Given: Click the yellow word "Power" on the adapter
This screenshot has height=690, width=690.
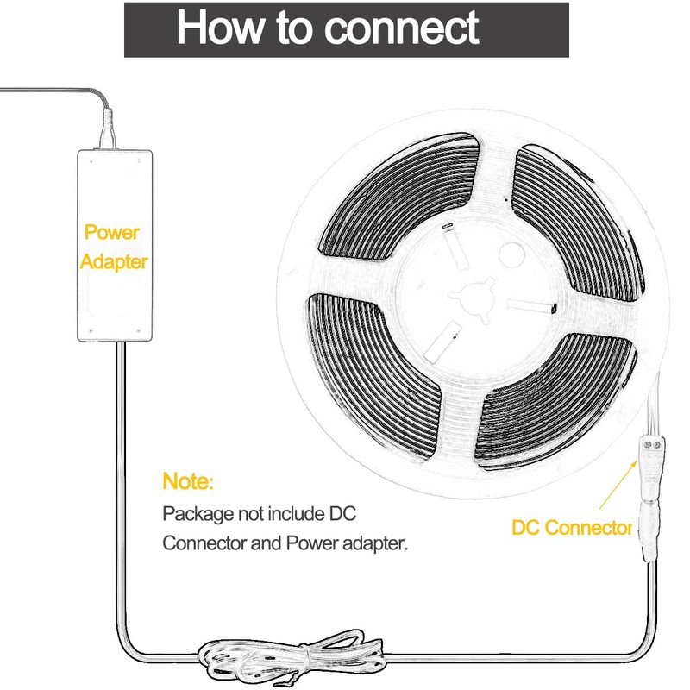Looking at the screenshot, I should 112,232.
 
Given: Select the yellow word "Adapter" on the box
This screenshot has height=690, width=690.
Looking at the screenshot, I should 114,260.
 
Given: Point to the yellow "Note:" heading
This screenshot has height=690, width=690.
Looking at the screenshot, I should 187,480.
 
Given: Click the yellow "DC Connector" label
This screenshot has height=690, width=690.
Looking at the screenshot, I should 572,528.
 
